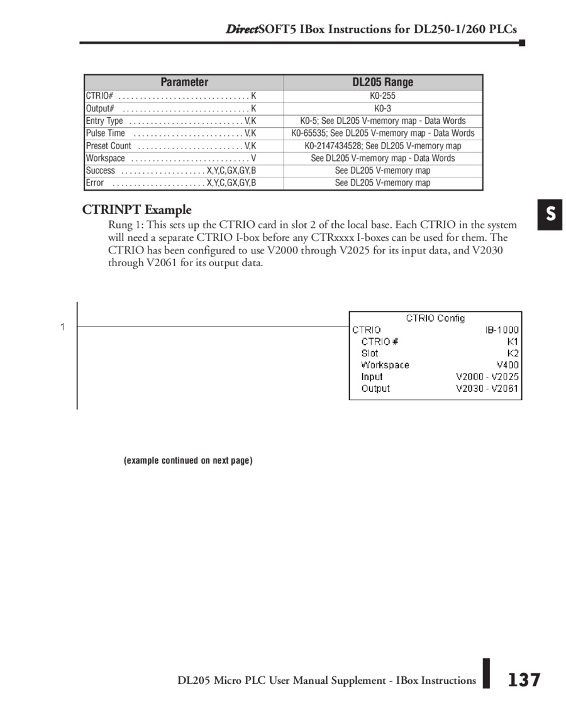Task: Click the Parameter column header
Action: coord(184,82)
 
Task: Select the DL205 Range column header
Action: coord(382,82)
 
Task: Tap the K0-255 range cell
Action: coord(382,96)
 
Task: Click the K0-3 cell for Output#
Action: coord(382,108)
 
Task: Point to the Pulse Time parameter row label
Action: coord(106,133)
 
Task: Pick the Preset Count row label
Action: coord(109,146)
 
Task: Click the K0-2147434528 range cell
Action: coord(382,146)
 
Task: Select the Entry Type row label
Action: coord(104,121)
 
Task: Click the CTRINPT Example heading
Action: coord(137,210)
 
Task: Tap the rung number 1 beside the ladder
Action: coord(62,327)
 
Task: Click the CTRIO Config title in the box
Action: coord(435,318)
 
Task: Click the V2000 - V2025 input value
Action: coord(487,377)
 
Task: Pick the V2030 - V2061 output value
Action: coord(487,389)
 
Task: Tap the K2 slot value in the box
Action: coord(513,353)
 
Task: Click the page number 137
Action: coord(524,679)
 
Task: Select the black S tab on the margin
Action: coord(550,215)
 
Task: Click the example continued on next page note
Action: coord(188,461)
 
